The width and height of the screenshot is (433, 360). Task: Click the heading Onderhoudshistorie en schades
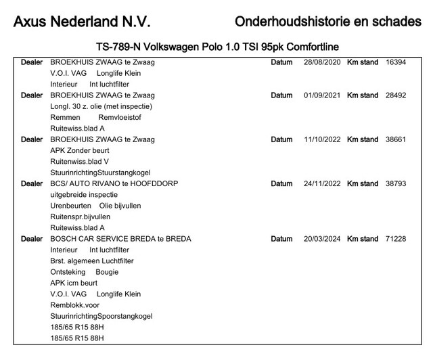pos(327,22)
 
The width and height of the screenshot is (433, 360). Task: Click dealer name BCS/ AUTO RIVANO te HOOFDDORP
pos(114,183)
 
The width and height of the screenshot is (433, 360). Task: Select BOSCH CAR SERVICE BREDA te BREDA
pos(120,239)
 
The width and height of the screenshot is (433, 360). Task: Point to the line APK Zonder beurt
pos(79,151)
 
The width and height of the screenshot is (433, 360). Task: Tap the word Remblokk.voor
pos(74,305)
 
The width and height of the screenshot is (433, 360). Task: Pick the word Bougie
pos(107,272)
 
